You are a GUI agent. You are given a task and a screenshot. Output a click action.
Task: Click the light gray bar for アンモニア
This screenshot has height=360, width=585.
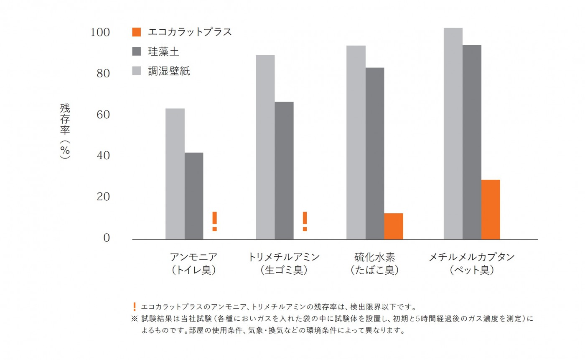click(175, 174)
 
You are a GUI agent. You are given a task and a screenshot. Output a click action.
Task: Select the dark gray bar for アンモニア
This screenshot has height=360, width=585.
click(194, 196)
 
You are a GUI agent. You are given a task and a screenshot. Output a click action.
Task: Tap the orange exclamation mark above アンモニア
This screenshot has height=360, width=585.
click(214, 221)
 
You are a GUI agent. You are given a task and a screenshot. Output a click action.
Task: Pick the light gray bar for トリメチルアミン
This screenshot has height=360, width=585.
click(265, 147)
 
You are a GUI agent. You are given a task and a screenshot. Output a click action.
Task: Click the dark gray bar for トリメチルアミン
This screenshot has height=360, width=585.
click(284, 171)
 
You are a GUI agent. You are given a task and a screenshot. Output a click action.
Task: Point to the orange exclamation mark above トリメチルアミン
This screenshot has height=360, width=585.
click(305, 221)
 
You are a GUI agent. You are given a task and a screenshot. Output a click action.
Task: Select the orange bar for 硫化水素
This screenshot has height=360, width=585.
click(394, 226)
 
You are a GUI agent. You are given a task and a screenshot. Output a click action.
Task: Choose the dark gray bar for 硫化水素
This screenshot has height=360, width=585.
click(375, 153)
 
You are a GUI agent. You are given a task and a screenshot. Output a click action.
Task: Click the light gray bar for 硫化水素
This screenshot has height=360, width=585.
click(356, 142)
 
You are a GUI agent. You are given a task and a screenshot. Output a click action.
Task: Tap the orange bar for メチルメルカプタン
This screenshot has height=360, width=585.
click(491, 209)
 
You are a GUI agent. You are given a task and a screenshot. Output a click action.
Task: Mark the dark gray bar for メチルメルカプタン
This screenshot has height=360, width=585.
click(472, 142)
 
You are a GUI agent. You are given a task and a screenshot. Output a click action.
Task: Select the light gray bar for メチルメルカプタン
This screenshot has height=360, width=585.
click(453, 133)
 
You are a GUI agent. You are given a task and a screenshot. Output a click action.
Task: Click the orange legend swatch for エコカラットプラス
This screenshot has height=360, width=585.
click(137, 32)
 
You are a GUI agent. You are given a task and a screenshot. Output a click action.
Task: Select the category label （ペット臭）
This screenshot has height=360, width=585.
click(472, 270)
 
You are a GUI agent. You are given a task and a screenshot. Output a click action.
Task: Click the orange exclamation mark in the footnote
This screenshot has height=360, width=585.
click(134, 306)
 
